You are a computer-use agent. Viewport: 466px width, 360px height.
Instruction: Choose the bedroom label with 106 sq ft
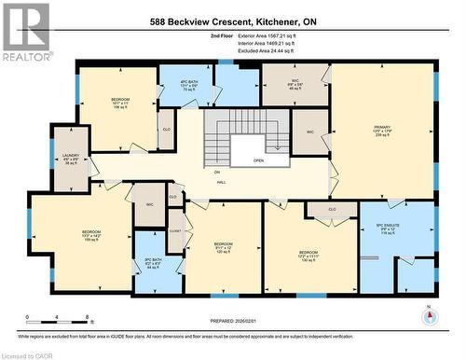tap(120, 102)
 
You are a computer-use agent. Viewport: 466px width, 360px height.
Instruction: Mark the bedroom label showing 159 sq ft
tap(90, 234)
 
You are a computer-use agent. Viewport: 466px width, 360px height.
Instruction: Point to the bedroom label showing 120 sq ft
tap(223, 247)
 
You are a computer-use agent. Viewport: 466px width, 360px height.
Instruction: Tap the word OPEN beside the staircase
tap(257, 160)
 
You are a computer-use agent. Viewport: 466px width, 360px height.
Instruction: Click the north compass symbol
tap(430, 315)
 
